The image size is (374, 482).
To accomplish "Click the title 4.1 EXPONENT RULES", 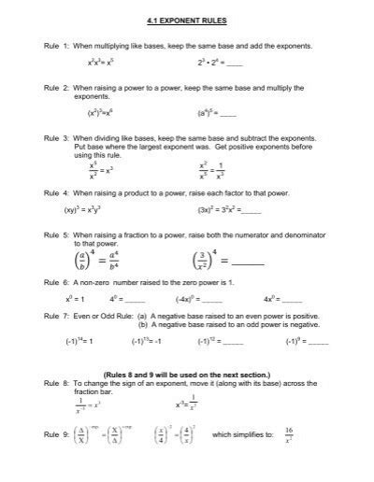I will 187,20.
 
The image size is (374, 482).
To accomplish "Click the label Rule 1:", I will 55,46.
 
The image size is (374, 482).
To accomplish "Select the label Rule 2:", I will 55,87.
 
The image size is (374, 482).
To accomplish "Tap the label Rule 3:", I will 55,135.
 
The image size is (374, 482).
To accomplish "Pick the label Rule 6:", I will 55,283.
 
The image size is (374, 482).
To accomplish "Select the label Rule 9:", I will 55,435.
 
